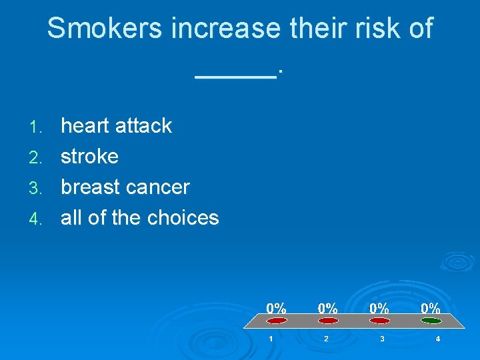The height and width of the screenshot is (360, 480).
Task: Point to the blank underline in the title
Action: click(236, 75)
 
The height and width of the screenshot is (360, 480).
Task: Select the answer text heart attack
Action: click(116, 125)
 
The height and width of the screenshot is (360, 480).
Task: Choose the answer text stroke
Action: click(89, 156)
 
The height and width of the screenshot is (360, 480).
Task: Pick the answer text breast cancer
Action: click(125, 187)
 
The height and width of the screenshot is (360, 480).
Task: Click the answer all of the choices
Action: click(139, 217)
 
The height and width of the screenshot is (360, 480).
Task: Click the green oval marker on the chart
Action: click(431, 321)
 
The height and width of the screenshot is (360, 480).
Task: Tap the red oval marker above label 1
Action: click(277, 321)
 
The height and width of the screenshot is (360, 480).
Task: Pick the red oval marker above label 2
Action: click(328, 321)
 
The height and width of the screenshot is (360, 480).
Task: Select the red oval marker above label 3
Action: click(379, 321)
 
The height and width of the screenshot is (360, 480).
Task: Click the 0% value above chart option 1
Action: click(277, 308)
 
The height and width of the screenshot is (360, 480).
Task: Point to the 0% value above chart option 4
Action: click(430, 308)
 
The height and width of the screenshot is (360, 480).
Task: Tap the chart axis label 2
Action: click(326, 339)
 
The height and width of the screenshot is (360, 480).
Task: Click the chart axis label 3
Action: click(381, 339)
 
